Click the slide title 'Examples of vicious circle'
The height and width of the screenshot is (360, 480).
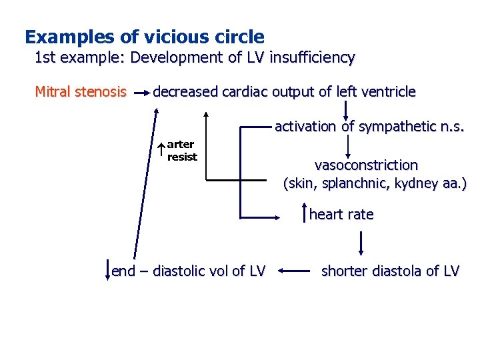tap(144, 37)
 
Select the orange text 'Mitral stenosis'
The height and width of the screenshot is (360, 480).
tap(80, 91)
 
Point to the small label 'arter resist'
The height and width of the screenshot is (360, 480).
tap(182, 151)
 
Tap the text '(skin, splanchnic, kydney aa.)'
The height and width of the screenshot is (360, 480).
tap(375, 183)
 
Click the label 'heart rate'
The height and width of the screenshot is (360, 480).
tap(341, 215)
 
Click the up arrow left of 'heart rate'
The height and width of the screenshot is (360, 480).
tap(305, 214)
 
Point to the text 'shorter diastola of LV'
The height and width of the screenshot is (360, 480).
tap(390, 271)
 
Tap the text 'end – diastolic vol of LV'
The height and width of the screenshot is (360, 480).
tap(189, 271)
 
